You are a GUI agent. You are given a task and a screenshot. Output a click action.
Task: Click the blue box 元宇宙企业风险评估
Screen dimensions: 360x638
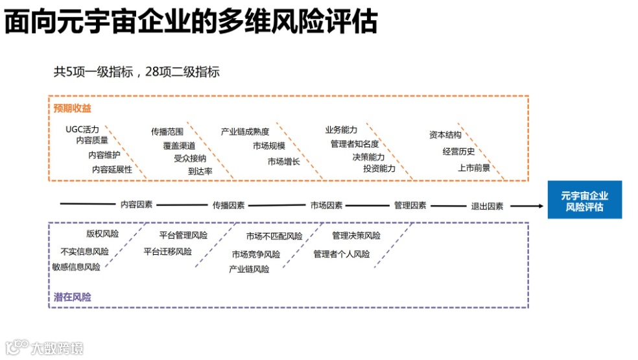pos(584,200)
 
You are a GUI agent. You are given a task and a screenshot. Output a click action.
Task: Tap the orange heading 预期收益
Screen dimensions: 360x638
pos(73,108)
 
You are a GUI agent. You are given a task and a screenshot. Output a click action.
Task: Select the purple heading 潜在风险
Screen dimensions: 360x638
pos(73,297)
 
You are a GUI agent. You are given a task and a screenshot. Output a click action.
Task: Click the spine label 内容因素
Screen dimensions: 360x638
pos(137,204)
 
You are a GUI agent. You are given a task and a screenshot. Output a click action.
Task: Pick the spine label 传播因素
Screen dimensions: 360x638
pos(228,205)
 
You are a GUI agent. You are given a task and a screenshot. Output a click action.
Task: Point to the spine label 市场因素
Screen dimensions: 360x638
pos(326,205)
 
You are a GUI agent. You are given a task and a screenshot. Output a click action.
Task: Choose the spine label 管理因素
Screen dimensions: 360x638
pos(410,205)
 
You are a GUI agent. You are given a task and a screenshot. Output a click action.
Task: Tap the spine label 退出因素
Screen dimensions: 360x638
pos(487,206)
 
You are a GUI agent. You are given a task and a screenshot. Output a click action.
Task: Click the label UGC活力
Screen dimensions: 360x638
pos(82,129)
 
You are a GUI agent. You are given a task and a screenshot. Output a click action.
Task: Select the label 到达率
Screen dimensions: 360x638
pos(200,171)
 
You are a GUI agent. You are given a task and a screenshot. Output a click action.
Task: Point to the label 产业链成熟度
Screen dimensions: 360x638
pos(245,132)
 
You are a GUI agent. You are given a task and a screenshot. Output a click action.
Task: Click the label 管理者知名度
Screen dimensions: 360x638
pos(355,144)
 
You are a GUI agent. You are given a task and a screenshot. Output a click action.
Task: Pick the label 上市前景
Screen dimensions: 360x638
pos(474,167)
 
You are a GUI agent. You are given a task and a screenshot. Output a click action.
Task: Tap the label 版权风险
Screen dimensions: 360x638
pos(102,234)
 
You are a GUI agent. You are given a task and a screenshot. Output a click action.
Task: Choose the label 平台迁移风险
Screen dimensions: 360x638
pos(168,251)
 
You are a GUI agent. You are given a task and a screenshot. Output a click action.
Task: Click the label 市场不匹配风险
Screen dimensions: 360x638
pos(274,236)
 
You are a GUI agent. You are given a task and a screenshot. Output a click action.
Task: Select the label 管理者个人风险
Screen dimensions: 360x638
pos(342,254)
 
